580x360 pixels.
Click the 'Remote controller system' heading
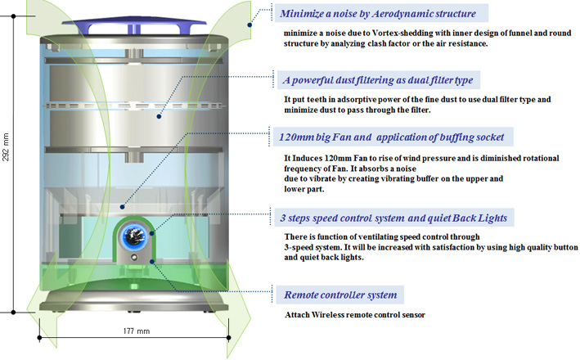tap(339, 295)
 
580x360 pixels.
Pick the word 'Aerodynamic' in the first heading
tap(391, 14)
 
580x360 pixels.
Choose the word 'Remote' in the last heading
tap(304, 295)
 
